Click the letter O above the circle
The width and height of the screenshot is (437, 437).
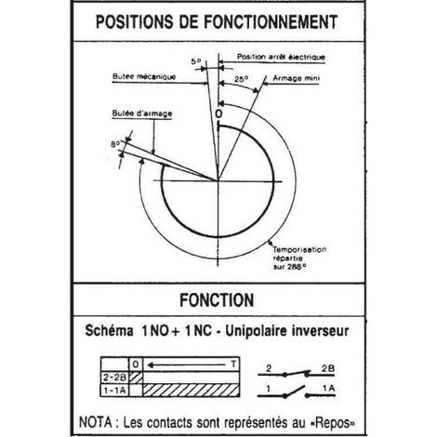[x=219, y=113]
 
